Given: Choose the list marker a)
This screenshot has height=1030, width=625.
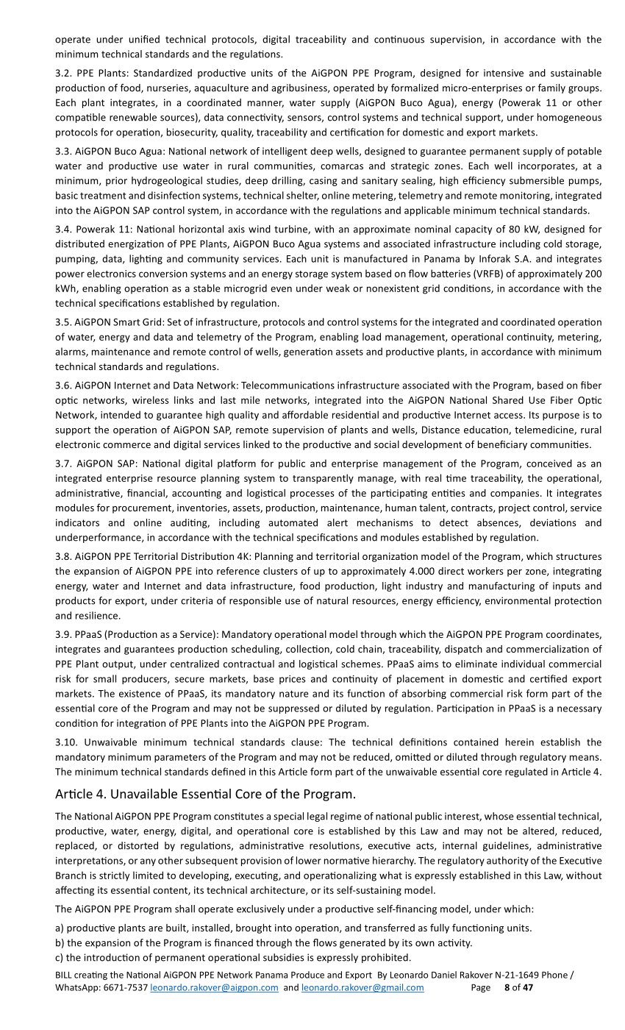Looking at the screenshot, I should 60,928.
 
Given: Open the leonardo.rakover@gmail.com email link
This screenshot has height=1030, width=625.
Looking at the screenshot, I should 362,988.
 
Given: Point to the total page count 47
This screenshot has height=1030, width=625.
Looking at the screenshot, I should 528,988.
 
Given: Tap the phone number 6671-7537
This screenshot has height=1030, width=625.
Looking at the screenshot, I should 124,988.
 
